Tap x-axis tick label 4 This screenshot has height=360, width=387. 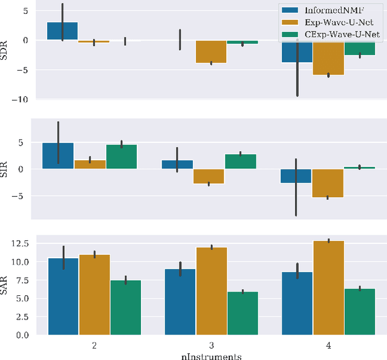(327, 345)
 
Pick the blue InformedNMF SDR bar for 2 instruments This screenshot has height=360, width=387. (63, 31)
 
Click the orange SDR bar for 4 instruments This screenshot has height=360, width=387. (327, 57)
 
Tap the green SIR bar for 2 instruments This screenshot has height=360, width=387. (122, 157)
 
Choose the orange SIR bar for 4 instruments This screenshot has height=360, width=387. (327, 183)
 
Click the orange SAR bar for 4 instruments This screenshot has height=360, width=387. (327, 288)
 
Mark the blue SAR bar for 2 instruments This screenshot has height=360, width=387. (63, 296)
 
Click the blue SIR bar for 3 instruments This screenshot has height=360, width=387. (177, 164)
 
